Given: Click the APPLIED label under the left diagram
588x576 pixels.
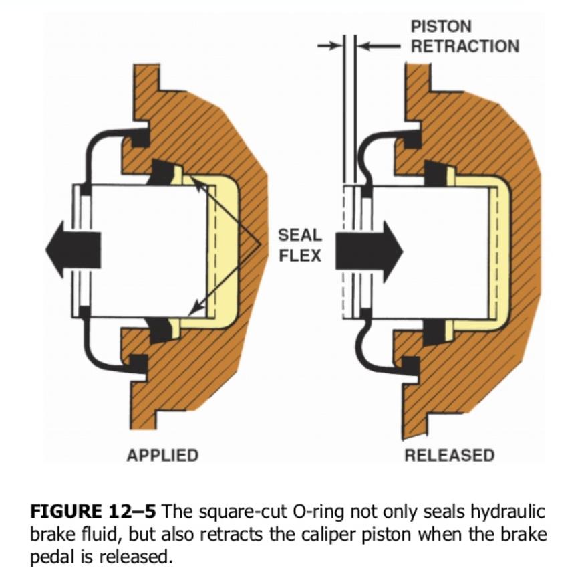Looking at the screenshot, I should pyautogui.click(x=162, y=456).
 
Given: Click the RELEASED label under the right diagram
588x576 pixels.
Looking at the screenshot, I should pyautogui.click(x=449, y=456).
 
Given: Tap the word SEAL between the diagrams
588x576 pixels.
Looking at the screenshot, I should pyautogui.click(x=299, y=235).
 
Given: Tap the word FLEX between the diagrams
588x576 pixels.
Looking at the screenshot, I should pyautogui.click(x=299, y=256).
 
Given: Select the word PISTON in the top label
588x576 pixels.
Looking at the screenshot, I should pyautogui.click(x=441, y=27).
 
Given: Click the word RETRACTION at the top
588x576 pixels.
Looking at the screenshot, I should pyautogui.click(x=465, y=46).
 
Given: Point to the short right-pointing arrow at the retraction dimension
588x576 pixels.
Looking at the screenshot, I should pyautogui.click(x=329, y=46).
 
